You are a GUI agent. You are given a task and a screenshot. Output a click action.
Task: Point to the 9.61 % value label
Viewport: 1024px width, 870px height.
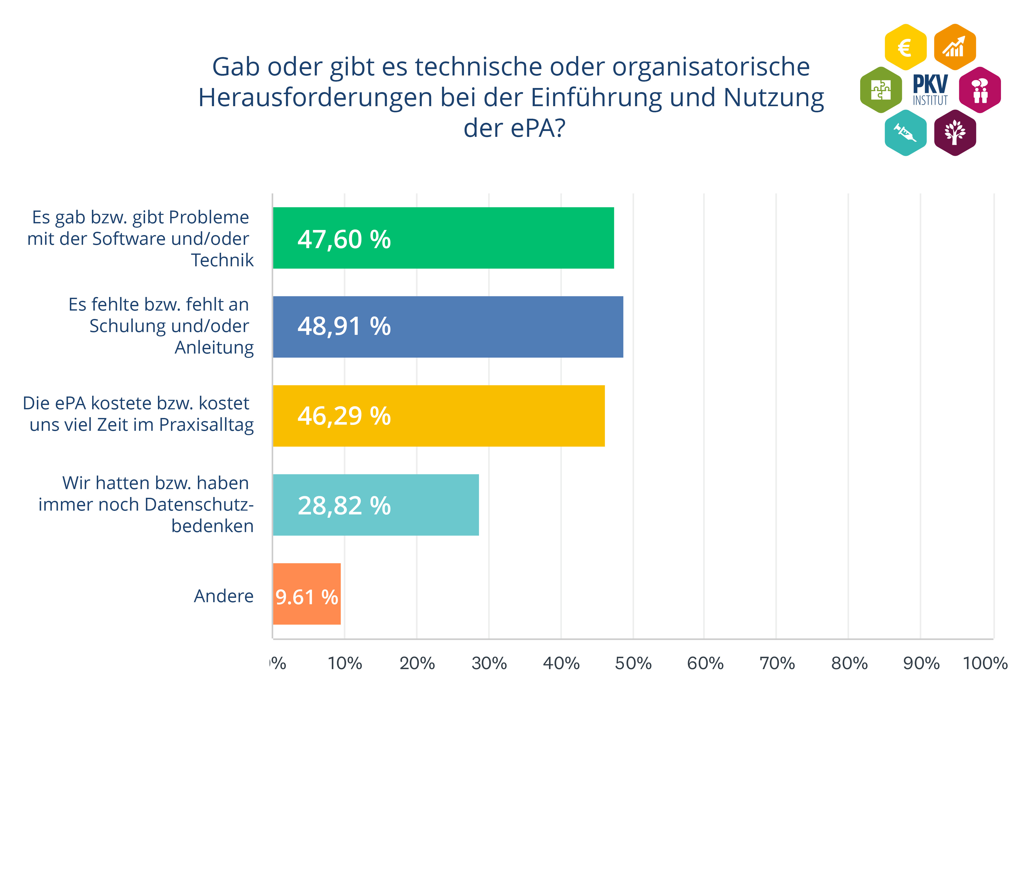point(306,597)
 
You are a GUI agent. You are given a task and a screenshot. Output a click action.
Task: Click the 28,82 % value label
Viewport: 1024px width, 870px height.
point(344,505)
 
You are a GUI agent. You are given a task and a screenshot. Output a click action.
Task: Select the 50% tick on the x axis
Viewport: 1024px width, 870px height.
point(633,663)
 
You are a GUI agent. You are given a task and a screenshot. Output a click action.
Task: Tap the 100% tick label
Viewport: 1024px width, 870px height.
point(985,663)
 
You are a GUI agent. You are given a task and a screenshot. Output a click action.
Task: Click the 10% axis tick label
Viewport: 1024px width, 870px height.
point(345,663)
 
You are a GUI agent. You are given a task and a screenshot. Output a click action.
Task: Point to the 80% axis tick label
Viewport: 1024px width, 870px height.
point(849,663)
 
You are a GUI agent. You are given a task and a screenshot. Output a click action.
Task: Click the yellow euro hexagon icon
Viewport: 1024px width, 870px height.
point(905,47)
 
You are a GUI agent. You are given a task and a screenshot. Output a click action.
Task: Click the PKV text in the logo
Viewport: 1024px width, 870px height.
point(930,84)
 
